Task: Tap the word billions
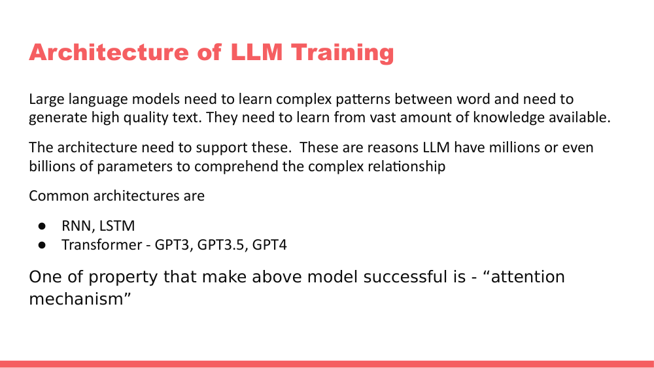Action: tap(50, 166)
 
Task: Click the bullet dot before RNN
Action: tap(41, 226)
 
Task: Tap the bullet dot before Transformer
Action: tap(41, 245)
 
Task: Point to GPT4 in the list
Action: tap(269, 245)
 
